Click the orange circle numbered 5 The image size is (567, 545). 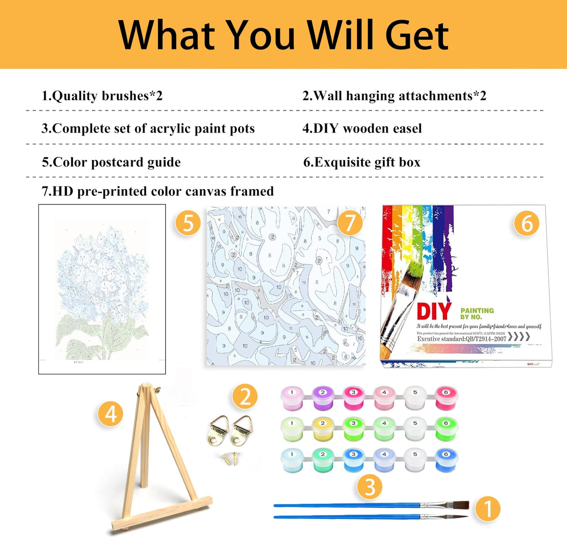[x=188, y=223]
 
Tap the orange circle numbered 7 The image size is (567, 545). [x=350, y=223]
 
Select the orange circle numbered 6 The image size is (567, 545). [x=526, y=224]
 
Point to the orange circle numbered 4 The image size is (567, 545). [x=111, y=414]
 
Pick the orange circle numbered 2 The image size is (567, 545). [x=245, y=396]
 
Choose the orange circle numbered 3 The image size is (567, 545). [x=369, y=487]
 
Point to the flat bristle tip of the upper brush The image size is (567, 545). [x=461, y=505]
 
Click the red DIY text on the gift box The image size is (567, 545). [x=433, y=312]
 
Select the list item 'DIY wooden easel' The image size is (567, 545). [x=362, y=128]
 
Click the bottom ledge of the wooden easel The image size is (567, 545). [x=161, y=514]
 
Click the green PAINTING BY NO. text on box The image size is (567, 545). [x=477, y=313]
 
